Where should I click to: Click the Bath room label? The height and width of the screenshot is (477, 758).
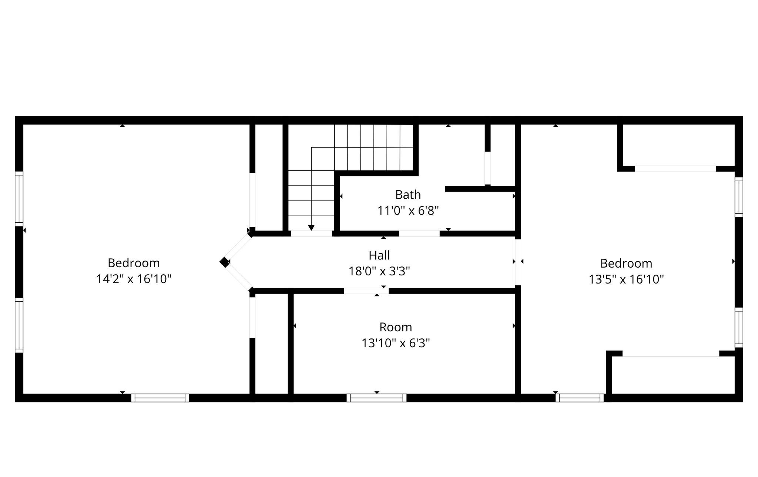coord(408,195)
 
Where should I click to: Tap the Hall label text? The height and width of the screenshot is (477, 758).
coord(379,255)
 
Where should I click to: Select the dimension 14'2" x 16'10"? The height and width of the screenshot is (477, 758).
coord(134,279)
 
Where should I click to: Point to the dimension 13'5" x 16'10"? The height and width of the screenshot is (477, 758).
coord(626,279)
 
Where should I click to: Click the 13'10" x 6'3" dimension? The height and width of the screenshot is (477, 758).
coord(396,343)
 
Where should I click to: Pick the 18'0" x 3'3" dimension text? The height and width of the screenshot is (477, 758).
coord(379,272)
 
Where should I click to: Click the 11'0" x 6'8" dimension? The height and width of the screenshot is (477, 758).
coord(408,211)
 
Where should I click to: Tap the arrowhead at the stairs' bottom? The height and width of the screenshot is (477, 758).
coord(311,228)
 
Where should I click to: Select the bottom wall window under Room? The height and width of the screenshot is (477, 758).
coord(376,398)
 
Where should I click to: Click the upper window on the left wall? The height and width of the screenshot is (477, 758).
coord(19,199)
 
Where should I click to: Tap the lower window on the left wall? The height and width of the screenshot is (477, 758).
coord(19,325)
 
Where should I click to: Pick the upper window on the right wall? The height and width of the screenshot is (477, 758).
coord(738,197)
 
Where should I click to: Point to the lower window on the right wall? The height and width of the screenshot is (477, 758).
coord(738,327)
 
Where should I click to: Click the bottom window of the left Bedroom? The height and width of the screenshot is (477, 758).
coord(160,398)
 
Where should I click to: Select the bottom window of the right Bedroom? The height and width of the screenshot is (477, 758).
coord(580,398)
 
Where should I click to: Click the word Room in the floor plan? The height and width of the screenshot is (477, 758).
coord(396,327)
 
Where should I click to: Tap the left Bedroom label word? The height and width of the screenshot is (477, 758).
coord(134,263)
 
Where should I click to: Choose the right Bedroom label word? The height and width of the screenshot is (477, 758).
coord(626,264)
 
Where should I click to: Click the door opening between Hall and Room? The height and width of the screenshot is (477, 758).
coord(366,291)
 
